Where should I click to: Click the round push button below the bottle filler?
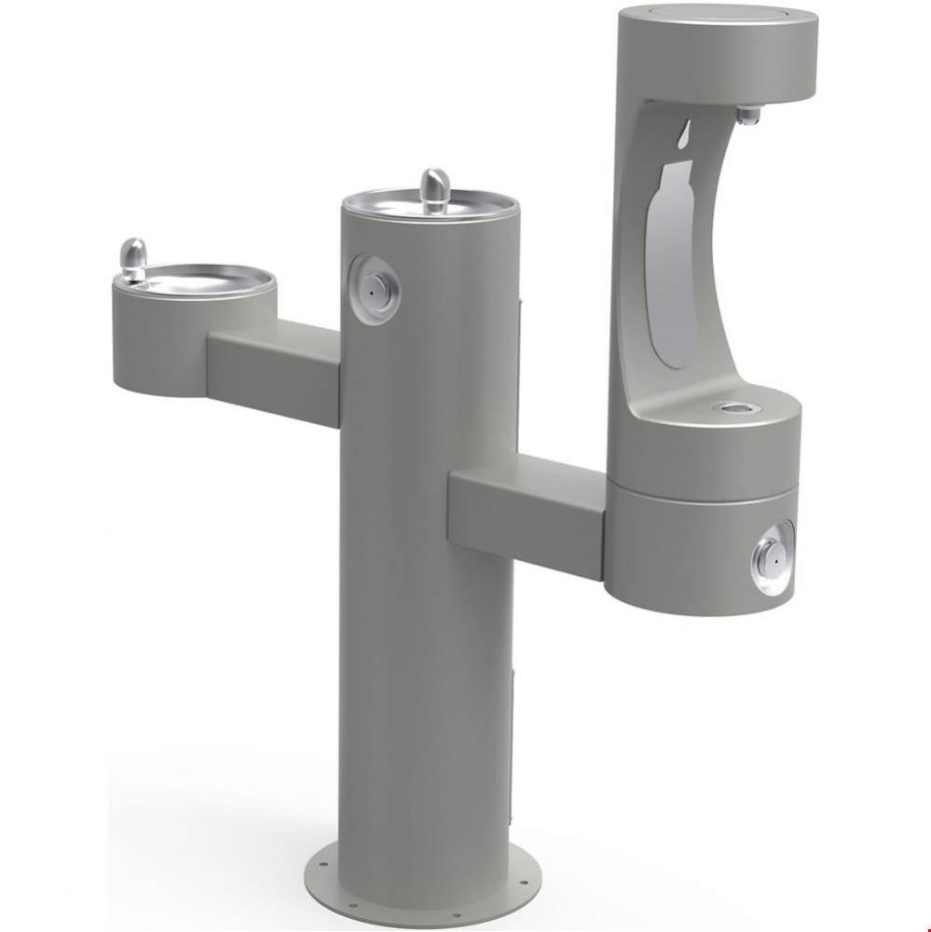pyautogui.click(x=770, y=557)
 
